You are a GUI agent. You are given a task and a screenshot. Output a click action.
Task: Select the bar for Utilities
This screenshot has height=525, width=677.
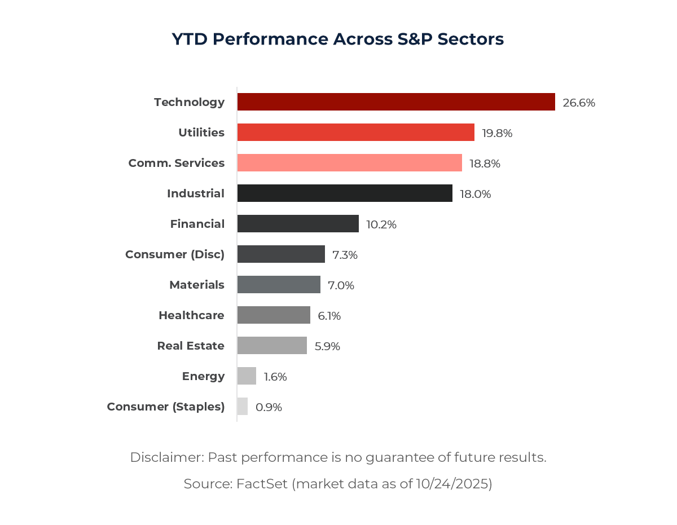click(355, 133)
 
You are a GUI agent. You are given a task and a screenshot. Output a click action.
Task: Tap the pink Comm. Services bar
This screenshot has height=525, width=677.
click(349, 163)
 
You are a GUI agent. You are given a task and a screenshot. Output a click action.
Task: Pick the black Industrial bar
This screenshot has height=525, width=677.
click(345, 193)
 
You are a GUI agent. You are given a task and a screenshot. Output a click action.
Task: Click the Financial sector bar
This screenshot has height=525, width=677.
click(298, 224)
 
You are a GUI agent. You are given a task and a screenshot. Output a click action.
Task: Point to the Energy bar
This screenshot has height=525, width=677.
click(247, 376)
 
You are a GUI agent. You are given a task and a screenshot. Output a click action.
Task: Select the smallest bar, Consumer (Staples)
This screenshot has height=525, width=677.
click(243, 407)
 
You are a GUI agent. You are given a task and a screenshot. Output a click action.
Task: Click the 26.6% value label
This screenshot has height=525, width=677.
click(579, 103)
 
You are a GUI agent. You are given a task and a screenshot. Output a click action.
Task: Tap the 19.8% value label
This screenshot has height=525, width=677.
click(497, 133)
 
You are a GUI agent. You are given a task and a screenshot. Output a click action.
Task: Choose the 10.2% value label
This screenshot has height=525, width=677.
click(381, 224)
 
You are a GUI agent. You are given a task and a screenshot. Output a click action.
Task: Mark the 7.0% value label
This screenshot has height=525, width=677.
click(341, 285)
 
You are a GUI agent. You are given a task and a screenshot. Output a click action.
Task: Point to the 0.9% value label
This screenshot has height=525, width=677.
click(269, 407)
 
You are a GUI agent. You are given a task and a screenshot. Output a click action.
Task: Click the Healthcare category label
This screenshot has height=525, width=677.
click(191, 315)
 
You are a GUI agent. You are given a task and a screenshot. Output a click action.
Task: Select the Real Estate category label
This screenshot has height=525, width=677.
click(191, 346)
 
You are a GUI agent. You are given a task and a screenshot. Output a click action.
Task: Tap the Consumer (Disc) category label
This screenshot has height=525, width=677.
click(175, 254)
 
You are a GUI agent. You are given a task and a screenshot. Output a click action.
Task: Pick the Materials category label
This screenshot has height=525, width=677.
click(197, 285)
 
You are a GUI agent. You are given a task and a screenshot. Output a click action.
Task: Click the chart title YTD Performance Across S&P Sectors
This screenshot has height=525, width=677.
click(338, 39)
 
